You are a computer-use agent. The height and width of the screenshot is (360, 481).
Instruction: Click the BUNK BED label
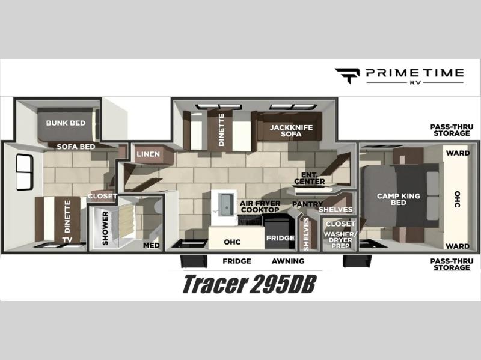click(x=66, y=123)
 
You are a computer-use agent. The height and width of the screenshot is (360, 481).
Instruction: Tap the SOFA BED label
click(x=76, y=147)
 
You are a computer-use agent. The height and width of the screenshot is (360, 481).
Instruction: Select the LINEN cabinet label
click(x=148, y=154)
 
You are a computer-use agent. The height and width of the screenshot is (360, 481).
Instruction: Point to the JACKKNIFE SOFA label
click(x=291, y=130)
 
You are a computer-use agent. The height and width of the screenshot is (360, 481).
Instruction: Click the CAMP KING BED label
click(x=399, y=199)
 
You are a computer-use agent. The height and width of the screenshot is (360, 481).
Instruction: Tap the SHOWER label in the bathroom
click(x=105, y=228)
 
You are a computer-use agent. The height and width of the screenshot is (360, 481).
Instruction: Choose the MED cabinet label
click(x=152, y=245)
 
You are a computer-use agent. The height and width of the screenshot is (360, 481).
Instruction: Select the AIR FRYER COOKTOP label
click(x=260, y=206)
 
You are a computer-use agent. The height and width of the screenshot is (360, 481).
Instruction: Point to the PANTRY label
click(x=307, y=204)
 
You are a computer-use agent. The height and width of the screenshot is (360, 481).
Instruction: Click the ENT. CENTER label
click(x=309, y=178)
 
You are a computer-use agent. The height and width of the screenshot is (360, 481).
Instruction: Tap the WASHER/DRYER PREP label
click(x=340, y=240)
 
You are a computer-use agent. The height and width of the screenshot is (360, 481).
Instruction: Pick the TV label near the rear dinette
click(x=67, y=240)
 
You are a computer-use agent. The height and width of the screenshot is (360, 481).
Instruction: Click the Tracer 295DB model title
click(x=249, y=284)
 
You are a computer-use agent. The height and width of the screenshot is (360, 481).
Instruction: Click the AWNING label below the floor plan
click(x=288, y=261)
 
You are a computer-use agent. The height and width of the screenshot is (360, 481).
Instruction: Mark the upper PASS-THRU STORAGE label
click(x=452, y=130)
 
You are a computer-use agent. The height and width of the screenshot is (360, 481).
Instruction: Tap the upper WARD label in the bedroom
click(x=458, y=153)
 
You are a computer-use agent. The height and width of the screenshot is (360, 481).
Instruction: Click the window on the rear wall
click(x=25, y=172)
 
